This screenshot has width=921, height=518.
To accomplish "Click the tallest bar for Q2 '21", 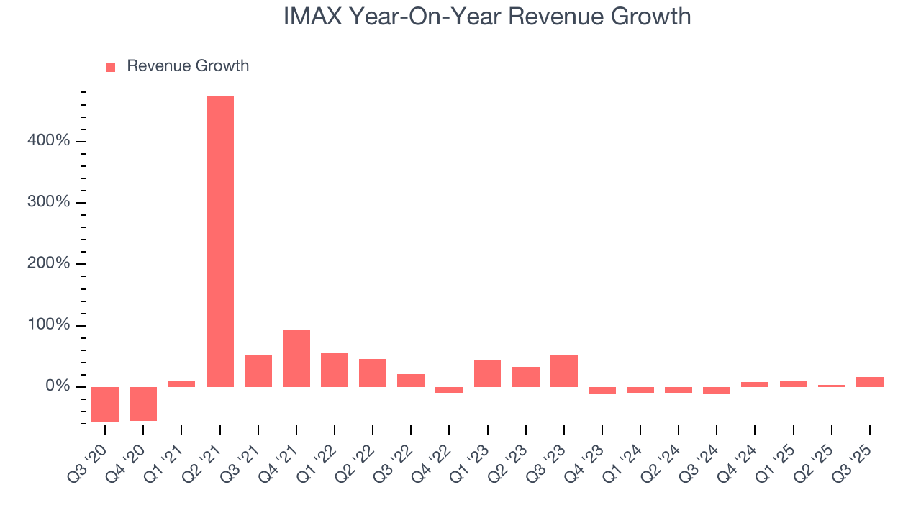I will click(x=220, y=241).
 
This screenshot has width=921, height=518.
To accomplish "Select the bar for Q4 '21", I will click(x=296, y=358).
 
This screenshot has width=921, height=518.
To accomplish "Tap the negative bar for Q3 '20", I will click(x=105, y=404).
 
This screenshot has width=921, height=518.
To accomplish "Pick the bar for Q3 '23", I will click(x=564, y=371).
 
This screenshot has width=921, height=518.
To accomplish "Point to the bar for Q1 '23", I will click(x=488, y=373).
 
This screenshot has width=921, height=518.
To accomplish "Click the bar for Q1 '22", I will click(x=335, y=370).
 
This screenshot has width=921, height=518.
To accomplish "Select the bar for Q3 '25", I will click(x=870, y=382).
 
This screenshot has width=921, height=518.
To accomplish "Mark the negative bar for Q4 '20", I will click(x=143, y=404).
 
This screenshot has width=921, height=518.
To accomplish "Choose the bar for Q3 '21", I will click(x=258, y=371).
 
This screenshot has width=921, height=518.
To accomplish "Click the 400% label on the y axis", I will click(x=50, y=141).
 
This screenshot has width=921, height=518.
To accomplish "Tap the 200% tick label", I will click(x=50, y=264).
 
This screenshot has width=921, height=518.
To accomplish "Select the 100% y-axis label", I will click(x=50, y=325).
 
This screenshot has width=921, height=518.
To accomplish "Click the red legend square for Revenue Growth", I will click(x=111, y=67).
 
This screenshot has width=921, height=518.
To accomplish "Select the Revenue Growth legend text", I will click(x=188, y=66).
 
